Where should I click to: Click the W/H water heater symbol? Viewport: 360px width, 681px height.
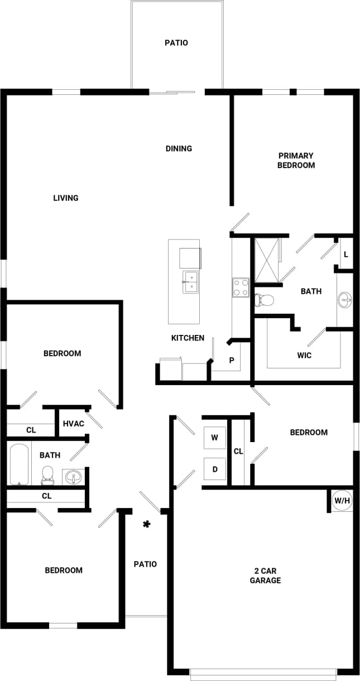pos(342,500)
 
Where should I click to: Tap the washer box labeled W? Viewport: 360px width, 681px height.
pos(214,438)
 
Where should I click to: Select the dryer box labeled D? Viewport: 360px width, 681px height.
pos(214,469)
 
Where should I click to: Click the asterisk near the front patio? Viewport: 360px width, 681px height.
pos(147,524)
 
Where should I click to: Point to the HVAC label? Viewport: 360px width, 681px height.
pos(73,424)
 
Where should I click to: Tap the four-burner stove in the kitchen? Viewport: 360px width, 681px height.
pos(241,287)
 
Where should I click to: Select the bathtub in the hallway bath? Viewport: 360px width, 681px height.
pos(18,464)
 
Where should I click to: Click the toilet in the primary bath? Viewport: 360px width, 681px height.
pos(265,300)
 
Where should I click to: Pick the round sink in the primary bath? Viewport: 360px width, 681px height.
pos(345,300)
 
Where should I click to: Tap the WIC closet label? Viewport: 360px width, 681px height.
pos(304,355)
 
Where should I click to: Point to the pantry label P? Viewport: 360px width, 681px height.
pos(232,361)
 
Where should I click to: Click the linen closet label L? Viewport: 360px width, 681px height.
pos(346,255)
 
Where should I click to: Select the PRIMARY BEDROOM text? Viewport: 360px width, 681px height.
pos(296,160)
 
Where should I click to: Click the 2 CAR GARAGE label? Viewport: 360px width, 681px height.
pos(265,576)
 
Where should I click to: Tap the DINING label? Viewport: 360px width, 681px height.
pos(179,148)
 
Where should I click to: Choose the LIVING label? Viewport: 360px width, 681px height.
pos(66,198)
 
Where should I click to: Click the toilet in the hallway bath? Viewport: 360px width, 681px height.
pos(47,475)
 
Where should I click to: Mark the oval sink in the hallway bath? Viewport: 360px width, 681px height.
pos(73,477)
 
